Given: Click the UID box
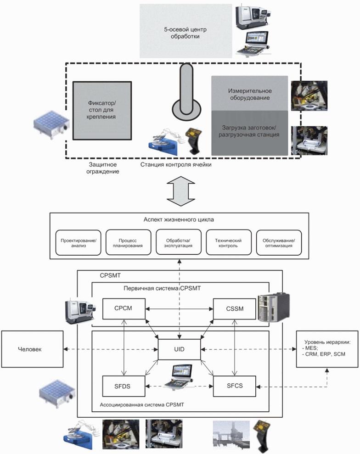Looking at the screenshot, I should [x=179, y=350].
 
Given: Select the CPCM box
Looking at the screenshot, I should [x=124, y=309].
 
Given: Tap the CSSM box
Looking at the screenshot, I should [x=234, y=309].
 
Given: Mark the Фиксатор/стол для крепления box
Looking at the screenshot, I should [x=102, y=110].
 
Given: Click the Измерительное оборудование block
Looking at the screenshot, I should [x=249, y=94].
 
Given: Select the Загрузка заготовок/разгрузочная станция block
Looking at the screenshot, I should [x=249, y=132].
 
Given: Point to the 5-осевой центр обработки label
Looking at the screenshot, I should [x=181, y=33].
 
